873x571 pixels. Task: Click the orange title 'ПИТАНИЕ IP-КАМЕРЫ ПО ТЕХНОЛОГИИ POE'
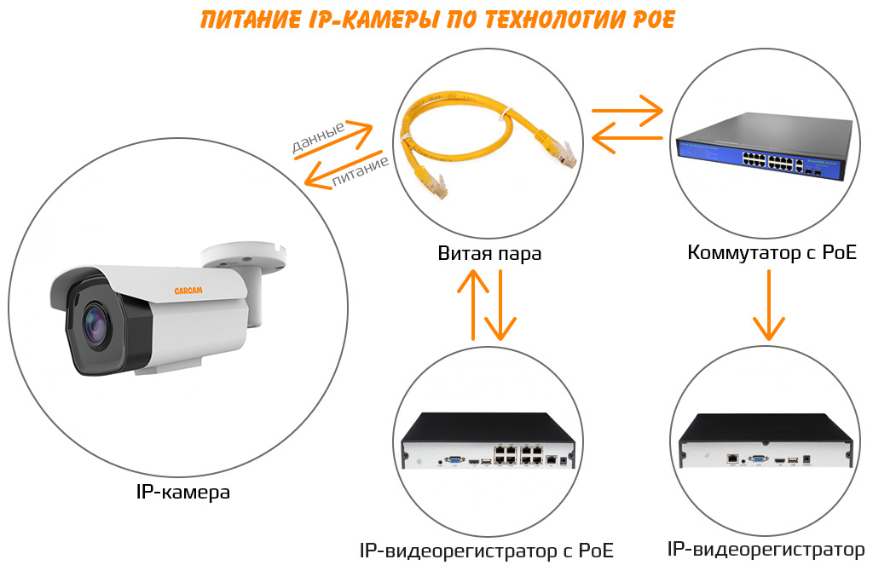tap(436, 19)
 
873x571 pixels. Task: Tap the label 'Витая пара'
tap(489, 254)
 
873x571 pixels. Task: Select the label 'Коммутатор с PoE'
tap(772, 253)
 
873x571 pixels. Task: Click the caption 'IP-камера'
tap(182, 493)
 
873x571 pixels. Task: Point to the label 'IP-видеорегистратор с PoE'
tap(487, 550)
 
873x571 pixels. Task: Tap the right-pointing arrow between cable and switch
tap(627, 110)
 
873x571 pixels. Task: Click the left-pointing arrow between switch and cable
tap(627, 136)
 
